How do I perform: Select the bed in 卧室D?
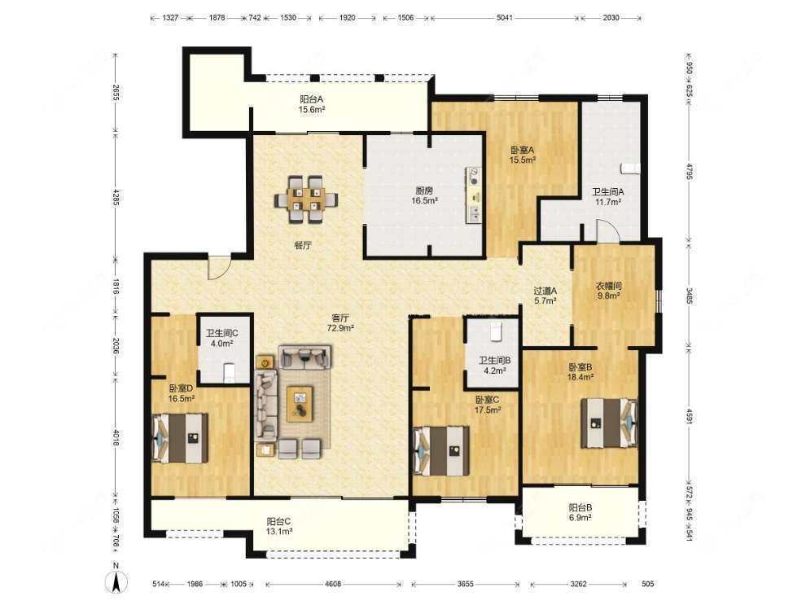pos(180,438)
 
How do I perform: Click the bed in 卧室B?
pos(608,423)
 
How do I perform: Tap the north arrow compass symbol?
pos(116,581)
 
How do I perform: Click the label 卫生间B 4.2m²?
pos(494,366)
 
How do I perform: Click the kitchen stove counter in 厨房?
pos(473,195)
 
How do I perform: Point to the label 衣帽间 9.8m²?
pos(609,291)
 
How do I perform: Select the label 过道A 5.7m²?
pos(545,296)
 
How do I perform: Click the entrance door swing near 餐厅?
pos(217,267)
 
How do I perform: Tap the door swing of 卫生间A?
pos(607,231)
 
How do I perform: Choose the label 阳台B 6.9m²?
pos(580,512)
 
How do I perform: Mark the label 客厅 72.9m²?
pos(341,324)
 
